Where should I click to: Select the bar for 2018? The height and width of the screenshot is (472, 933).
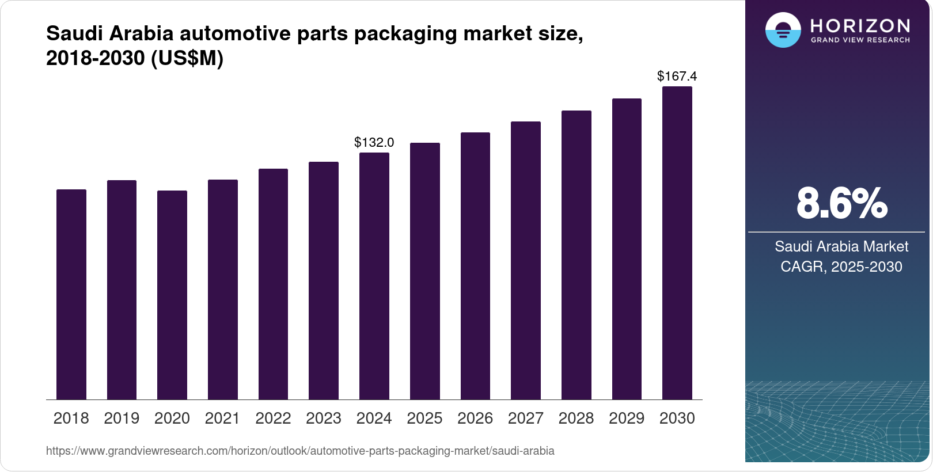[71, 294]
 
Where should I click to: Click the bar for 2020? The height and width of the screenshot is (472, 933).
[172, 295]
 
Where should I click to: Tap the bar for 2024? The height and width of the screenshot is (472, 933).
[374, 276]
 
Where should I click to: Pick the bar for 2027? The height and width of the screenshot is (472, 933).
[526, 260]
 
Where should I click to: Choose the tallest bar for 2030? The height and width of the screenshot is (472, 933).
[677, 243]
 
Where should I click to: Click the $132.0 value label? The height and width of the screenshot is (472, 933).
[374, 142]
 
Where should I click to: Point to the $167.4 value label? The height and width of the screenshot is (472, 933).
[677, 76]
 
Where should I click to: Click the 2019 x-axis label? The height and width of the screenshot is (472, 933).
[122, 418]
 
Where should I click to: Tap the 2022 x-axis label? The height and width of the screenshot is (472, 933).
[273, 418]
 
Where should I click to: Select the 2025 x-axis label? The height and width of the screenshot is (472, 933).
[424, 418]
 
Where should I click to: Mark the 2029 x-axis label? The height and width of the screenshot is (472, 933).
[627, 418]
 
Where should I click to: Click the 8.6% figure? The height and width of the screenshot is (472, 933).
[841, 203]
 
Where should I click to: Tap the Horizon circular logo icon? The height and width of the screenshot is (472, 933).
[783, 30]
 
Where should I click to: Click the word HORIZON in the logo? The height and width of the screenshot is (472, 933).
[860, 25]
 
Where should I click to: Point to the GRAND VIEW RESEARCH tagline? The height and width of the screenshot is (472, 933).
[860, 40]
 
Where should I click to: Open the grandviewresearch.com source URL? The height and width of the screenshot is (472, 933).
[300, 451]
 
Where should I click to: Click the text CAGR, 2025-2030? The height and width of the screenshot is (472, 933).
[841, 267]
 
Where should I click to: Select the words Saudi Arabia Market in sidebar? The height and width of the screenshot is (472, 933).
[841, 246]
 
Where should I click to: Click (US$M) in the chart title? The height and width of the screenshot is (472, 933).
[187, 59]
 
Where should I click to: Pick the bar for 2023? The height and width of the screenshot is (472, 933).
[324, 280]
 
